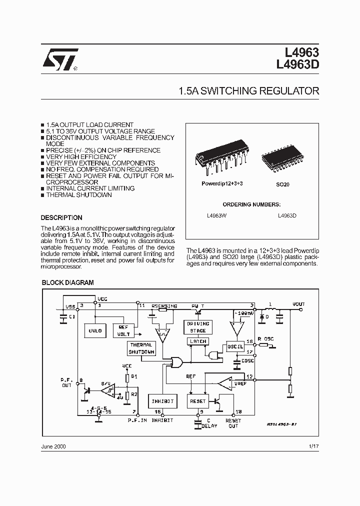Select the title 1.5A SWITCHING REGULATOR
[248, 91]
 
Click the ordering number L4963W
[216, 215]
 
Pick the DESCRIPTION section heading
[61, 218]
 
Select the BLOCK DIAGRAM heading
[67, 282]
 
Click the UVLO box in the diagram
[95, 330]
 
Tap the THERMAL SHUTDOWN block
[141, 348]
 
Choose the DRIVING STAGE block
[198, 327]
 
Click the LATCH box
[198, 341]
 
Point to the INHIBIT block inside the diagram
[162, 401]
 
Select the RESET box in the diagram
[198, 401]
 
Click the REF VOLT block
[123, 330]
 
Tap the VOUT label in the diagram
[298, 304]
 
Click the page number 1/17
[313, 446]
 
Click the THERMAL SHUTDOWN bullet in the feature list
[79, 195]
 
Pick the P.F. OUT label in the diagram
[66, 382]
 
